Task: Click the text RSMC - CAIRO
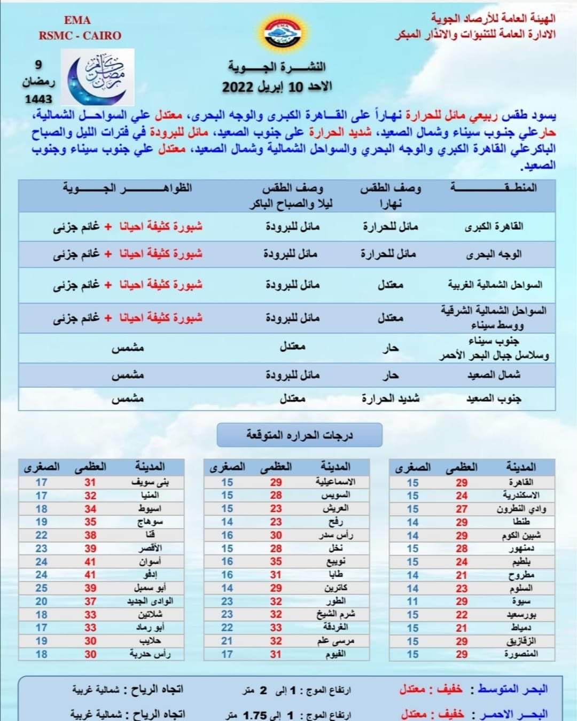[80, 36]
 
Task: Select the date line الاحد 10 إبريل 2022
[277, 87]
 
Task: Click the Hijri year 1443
[38, 99]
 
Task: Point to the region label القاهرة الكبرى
[494, 226]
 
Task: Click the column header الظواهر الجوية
[127, 188]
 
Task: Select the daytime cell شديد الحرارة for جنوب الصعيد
[390, 398]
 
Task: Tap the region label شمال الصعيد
[494, 375]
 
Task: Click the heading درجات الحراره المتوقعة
[299, 435]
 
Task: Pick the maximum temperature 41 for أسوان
[90, 562]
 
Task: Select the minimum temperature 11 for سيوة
[412, 601]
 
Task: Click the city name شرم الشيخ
[336, 614]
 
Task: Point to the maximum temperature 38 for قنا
[90, 535]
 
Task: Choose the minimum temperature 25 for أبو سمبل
[41, 588]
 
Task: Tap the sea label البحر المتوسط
[512, 689]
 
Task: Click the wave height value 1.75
[255, 714]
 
